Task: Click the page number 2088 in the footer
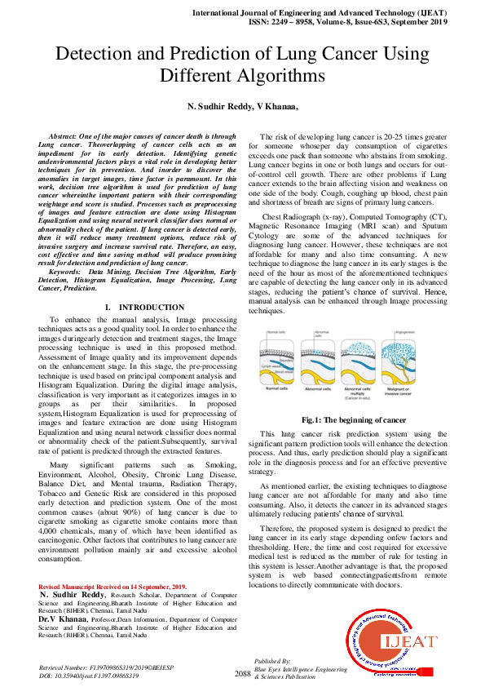[x=242, y=673]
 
